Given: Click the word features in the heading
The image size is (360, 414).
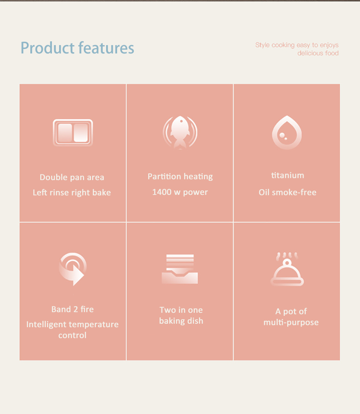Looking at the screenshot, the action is (106, 48).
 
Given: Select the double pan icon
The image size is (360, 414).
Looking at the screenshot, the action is (73, 133).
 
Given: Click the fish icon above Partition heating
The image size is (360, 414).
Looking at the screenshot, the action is (180, 132).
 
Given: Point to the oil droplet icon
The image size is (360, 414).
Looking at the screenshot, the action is (287, 132).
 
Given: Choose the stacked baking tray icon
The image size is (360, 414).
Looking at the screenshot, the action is (180, 269).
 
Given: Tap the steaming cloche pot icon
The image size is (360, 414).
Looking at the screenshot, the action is (287, 269).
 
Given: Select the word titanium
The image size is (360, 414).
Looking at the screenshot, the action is (288, 175).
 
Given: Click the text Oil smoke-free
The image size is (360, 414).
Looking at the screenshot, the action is (287, 192).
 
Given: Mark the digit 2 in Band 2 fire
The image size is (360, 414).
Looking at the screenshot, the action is (75, 309).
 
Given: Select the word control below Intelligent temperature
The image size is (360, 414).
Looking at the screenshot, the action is (72, 335).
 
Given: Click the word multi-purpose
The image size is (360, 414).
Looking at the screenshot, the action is (291, 323).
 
